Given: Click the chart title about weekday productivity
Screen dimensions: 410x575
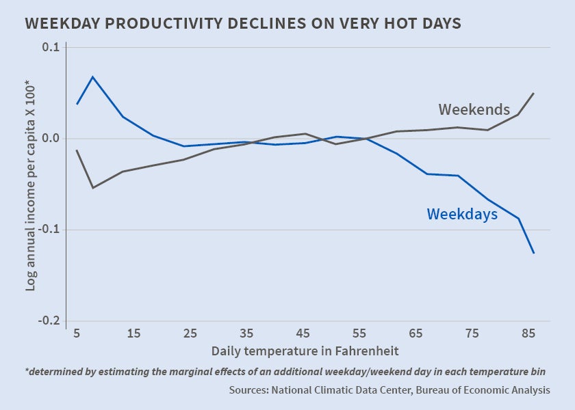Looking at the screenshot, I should (x=243, y=23).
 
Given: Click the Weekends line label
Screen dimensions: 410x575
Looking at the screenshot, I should (x=474, y=109).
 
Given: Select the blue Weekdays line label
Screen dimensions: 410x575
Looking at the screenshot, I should (x=462, y=215).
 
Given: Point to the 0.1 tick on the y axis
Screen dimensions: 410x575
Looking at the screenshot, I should (x=51, y=48).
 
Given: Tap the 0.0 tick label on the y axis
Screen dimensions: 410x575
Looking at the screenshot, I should (x=51, y=139).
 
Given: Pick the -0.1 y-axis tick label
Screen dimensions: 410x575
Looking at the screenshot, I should (x=49, y=230).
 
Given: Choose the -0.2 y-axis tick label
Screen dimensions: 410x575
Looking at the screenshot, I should (x=49, y=321).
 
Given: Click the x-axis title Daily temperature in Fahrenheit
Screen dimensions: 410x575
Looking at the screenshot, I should (x=305, y=351).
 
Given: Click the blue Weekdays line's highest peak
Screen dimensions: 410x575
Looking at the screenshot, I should (x=92, y=77).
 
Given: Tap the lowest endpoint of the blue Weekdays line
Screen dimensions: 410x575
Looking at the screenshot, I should (x=534, y=254).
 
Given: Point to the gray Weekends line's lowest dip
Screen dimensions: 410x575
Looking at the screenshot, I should (x=92, y=187).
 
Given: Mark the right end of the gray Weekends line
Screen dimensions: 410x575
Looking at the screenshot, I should (x=534, y=93).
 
